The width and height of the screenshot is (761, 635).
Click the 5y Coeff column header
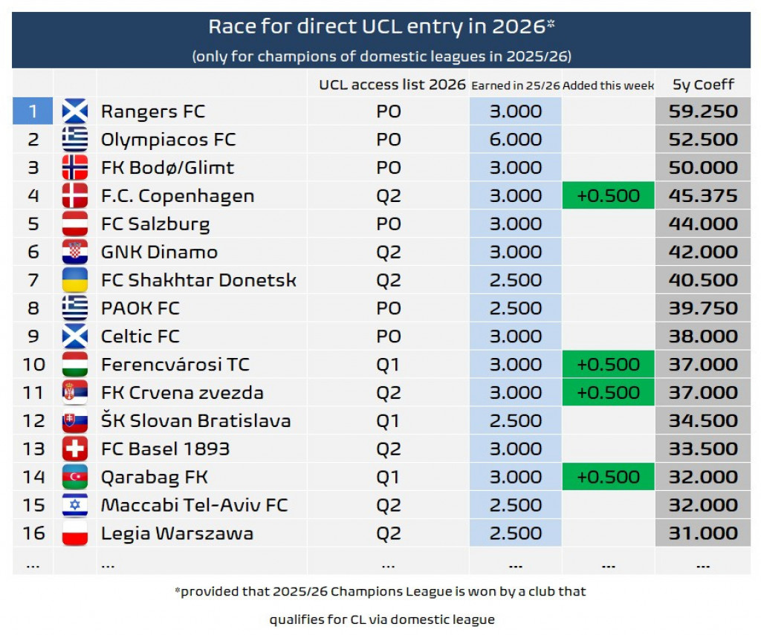coord(702,85)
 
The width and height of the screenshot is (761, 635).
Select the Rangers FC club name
coord(153,111)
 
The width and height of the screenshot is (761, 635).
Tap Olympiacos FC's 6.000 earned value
coord(515,140)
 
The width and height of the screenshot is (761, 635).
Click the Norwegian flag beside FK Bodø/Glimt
coord(75,168)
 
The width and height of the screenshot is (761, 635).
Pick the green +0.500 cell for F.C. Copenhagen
coord(608,196)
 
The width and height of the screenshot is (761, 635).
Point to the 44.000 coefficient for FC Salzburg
coord(702,224)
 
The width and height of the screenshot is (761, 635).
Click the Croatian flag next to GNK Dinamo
coord(75,253)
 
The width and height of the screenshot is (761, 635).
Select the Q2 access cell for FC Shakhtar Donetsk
coord(388,281)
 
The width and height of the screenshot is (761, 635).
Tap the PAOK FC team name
coord(140,309)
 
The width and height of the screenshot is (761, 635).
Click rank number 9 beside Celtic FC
coord(33,336)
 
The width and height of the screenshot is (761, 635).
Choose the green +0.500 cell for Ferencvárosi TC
coord(608,365)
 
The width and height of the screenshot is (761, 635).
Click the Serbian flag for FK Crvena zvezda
coord(75,393)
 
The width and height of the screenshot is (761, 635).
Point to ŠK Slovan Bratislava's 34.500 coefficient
coord(702,421)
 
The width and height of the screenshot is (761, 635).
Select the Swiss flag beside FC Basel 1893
coord(75,449)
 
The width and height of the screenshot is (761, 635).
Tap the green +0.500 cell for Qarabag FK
coord(608,477)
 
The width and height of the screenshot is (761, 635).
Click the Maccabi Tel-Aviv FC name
coord(194,505)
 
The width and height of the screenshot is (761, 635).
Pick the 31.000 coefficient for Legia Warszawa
coord(702,533)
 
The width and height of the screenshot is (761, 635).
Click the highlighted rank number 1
coord(33,111)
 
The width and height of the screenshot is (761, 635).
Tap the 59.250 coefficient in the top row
coord(702,111)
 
